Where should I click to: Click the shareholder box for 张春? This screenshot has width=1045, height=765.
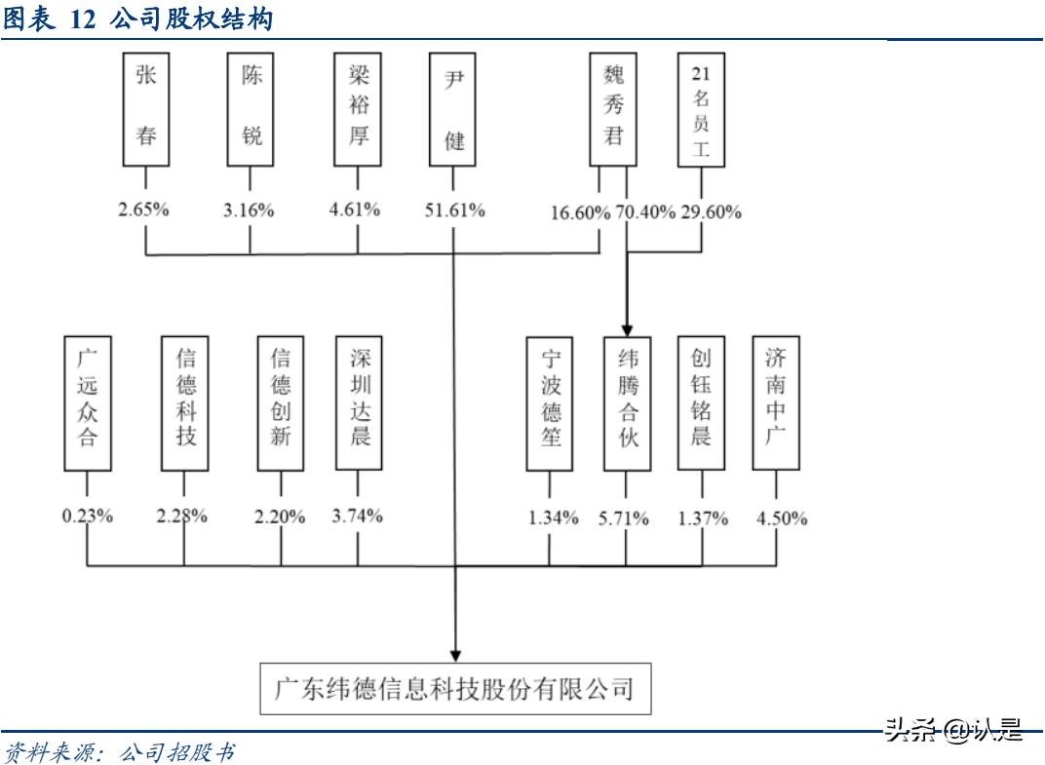point(145,109)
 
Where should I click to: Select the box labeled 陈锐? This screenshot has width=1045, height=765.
point(251,109)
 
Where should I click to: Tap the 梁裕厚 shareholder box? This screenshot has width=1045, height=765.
point(357,109)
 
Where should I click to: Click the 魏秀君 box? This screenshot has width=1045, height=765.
point(613,109)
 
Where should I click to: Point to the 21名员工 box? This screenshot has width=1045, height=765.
point(701,109)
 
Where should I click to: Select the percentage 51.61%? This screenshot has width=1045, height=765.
point(454,210)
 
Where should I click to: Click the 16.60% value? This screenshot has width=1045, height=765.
point(580,211)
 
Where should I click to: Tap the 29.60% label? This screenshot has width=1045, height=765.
point(710,211)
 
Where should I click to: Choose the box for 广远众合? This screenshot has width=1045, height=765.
point(87,403)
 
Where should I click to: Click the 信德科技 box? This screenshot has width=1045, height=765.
point(185,403)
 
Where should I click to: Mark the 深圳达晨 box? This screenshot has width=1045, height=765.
point(358,403)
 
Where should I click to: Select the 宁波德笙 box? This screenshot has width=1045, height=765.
point(549,403)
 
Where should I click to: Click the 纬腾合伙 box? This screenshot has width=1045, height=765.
point(626,403)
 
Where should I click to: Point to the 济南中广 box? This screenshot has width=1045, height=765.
point(777,403)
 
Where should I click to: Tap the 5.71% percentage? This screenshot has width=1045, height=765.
point(624,518)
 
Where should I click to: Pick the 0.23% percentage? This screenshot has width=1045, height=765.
point(88,516)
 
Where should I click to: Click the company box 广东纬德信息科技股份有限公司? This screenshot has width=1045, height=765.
point(454,690)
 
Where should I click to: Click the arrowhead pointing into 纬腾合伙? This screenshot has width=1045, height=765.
point(625,329)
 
